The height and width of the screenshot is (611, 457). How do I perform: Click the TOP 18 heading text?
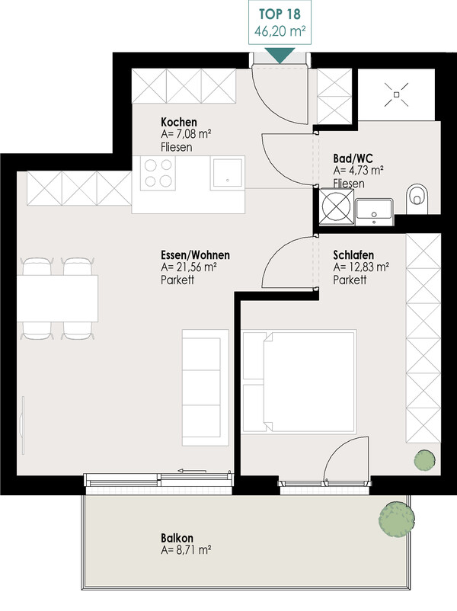click(x=280, y=14)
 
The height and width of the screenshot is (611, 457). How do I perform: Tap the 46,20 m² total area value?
click(x=280, y=30)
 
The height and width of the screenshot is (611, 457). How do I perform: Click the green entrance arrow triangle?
click(x=280, y=55)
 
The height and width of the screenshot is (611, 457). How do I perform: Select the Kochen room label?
click(x=179, y=122)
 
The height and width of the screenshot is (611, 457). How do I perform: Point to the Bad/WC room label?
click(x=353, y=158)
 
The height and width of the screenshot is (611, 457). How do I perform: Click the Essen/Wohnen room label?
click(x=195, y=255)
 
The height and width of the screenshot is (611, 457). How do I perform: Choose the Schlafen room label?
click(x=353, y=255)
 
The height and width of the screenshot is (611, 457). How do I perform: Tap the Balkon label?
click(x=177, y=538)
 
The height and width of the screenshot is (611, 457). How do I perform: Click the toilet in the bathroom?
click(x=417, y=199)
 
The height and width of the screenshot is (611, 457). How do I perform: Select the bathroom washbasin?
click(x=374, y=212)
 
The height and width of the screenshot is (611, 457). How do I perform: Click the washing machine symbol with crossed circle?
click(x=337, y=206)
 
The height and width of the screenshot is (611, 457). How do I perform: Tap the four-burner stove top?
click(x=158, y=173)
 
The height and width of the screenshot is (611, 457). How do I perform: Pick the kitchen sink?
click(x=228, y=173)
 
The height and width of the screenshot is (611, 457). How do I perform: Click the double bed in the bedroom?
click(x=299, y=382)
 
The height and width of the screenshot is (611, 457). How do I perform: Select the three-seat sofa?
click(x=206, y=388)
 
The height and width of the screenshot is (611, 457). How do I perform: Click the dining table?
click(x=57, y=299)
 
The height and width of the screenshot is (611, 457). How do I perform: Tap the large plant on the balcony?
click(x=397, y=520)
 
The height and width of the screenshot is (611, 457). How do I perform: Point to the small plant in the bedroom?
click(x=425, y=461)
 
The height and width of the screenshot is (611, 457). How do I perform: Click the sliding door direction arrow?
click(x=192, y=471)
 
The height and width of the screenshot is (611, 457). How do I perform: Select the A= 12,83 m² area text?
click(x=361, y=267)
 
